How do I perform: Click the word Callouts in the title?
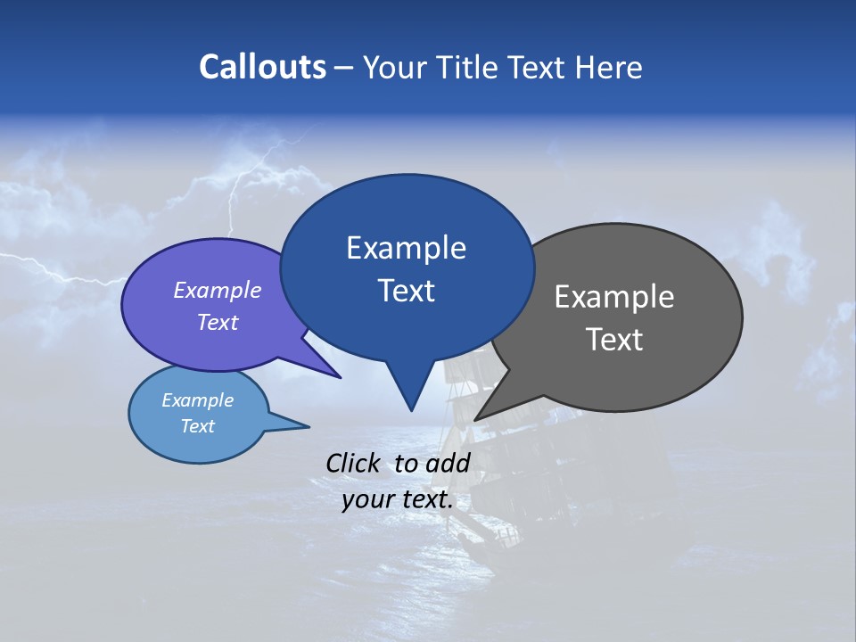click(262, 67)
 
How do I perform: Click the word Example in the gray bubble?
click(614, 297)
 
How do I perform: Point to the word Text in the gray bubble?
click(614, 340)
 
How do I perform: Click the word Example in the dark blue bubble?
click(406, 248)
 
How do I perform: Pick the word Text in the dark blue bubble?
click(407, 291)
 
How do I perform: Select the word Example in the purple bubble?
click(218, 290)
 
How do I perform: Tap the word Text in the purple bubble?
click(218, 322)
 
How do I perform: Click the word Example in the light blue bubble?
click(197, 400)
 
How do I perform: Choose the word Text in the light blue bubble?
click(197, 426)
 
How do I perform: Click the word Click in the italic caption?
click(353, 463)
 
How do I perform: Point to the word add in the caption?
click(449, 463)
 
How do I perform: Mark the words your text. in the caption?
click(398, 499)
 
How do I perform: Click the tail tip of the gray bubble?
click(476, 419)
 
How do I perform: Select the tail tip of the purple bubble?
click(340, 377)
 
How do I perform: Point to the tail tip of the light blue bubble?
click(309, 426)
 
